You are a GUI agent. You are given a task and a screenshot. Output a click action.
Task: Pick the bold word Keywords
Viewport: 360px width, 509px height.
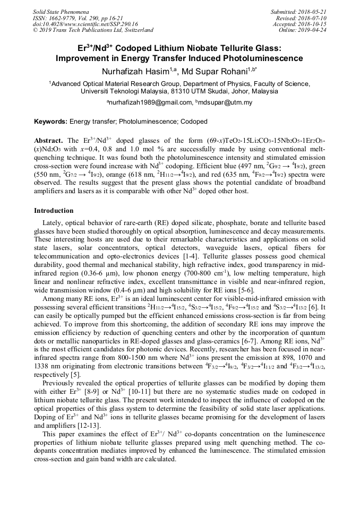(50, 122)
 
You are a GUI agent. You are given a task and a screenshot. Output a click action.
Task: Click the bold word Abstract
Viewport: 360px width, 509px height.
(48, 141)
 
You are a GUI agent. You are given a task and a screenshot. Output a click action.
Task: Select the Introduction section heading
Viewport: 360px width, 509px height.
(54, 211)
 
